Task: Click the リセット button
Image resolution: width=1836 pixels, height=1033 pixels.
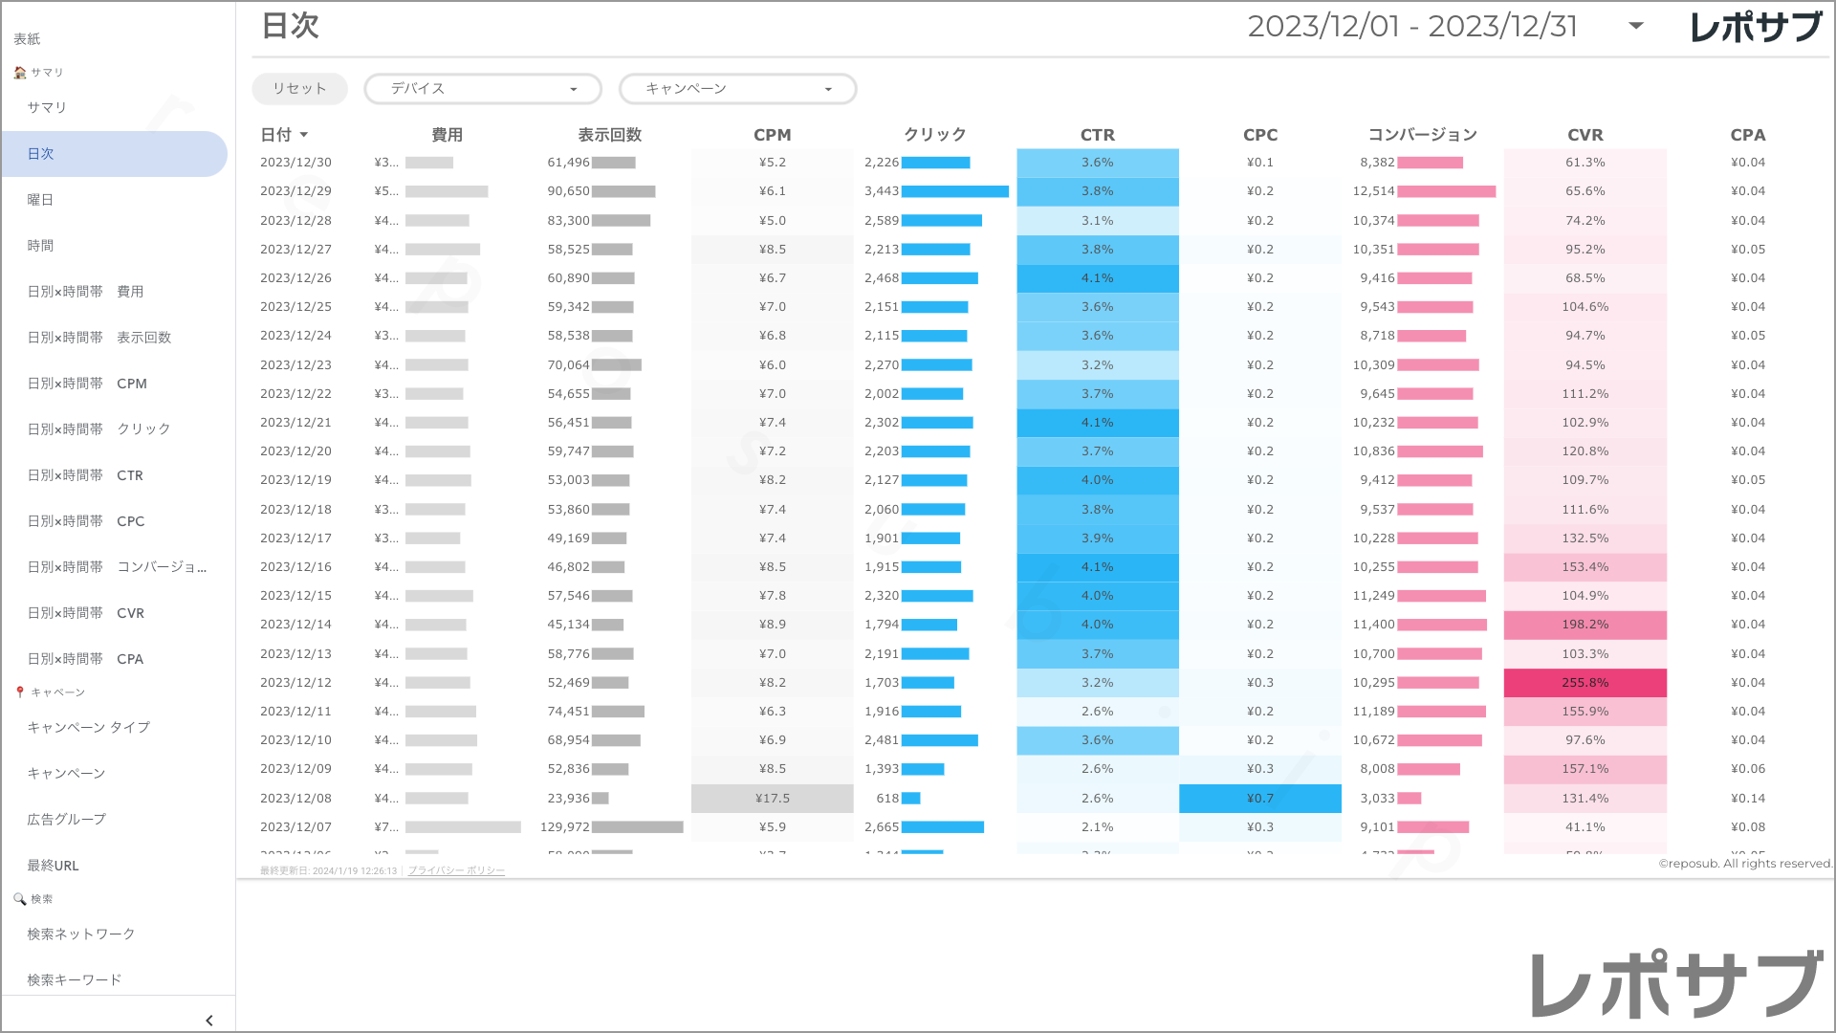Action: [299, 89]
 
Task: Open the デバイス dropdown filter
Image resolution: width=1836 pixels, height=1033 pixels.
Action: [483, 89]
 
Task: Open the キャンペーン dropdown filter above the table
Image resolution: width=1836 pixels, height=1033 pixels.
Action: [737, 89]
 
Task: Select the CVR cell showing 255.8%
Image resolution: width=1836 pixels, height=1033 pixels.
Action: [1585, 683]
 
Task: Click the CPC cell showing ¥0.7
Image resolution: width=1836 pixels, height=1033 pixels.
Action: [1259, 799]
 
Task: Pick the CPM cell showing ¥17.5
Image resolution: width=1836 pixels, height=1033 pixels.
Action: [772, 799]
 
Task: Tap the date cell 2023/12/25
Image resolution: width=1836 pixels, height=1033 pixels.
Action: [295, 307]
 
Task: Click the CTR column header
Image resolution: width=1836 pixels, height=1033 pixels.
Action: [1097, 135]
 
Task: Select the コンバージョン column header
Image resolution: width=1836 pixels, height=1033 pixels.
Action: [1422, 135]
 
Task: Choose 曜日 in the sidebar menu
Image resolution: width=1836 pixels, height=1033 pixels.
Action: [40, 200]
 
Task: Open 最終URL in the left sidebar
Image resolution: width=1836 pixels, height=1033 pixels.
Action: [53, 866]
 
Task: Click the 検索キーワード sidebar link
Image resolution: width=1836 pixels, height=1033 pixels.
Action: [75, 980]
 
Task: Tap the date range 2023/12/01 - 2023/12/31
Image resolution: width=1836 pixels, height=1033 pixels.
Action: [1411, 27]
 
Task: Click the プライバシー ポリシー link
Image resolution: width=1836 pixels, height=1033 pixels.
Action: [456, 871]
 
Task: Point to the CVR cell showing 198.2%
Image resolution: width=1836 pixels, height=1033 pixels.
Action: [1585, 625]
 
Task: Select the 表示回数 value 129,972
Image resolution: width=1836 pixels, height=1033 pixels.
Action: [564, 827]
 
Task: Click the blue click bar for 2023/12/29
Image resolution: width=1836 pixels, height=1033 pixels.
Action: [954, 191]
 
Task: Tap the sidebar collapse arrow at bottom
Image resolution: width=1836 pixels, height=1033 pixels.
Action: [209, 1021]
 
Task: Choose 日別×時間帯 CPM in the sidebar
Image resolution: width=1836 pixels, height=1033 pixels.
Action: [87, 384]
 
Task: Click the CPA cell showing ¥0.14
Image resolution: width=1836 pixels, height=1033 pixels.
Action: [1747, 799]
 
